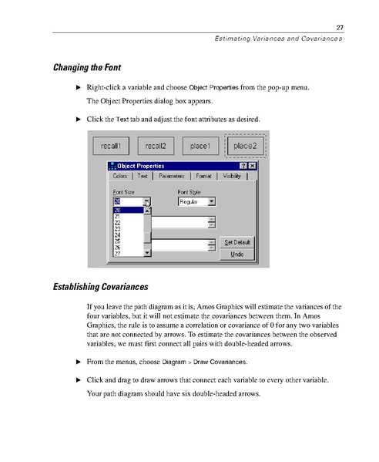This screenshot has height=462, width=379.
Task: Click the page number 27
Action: (x=339, y=29)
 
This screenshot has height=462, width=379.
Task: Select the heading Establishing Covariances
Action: (x=100, y=287)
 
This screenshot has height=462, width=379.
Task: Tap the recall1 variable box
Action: (x=111, y=146)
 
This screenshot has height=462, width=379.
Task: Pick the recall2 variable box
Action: (x=156, y=146)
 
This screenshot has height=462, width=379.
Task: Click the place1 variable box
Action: (x=200, y=146)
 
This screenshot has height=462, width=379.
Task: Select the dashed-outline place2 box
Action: (x=245, y=146)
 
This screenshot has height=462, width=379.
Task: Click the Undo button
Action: (x=237, y=254)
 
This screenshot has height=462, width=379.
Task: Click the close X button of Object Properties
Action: (x=253, y=165)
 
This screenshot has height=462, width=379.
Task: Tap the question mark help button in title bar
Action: (x=243, y=165)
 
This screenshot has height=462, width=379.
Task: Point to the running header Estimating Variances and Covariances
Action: (x=277, y=39)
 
